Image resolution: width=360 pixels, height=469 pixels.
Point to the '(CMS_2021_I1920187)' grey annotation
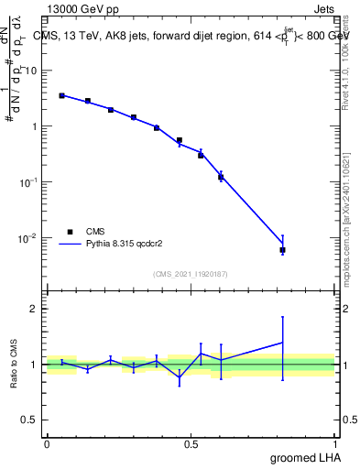[x=191, y=274]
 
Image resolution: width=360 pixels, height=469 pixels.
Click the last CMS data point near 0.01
[x=283, y=250]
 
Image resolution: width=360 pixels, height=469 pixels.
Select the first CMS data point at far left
[x=61, y=95]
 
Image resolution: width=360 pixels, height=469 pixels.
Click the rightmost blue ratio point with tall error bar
[x=283, y=343]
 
